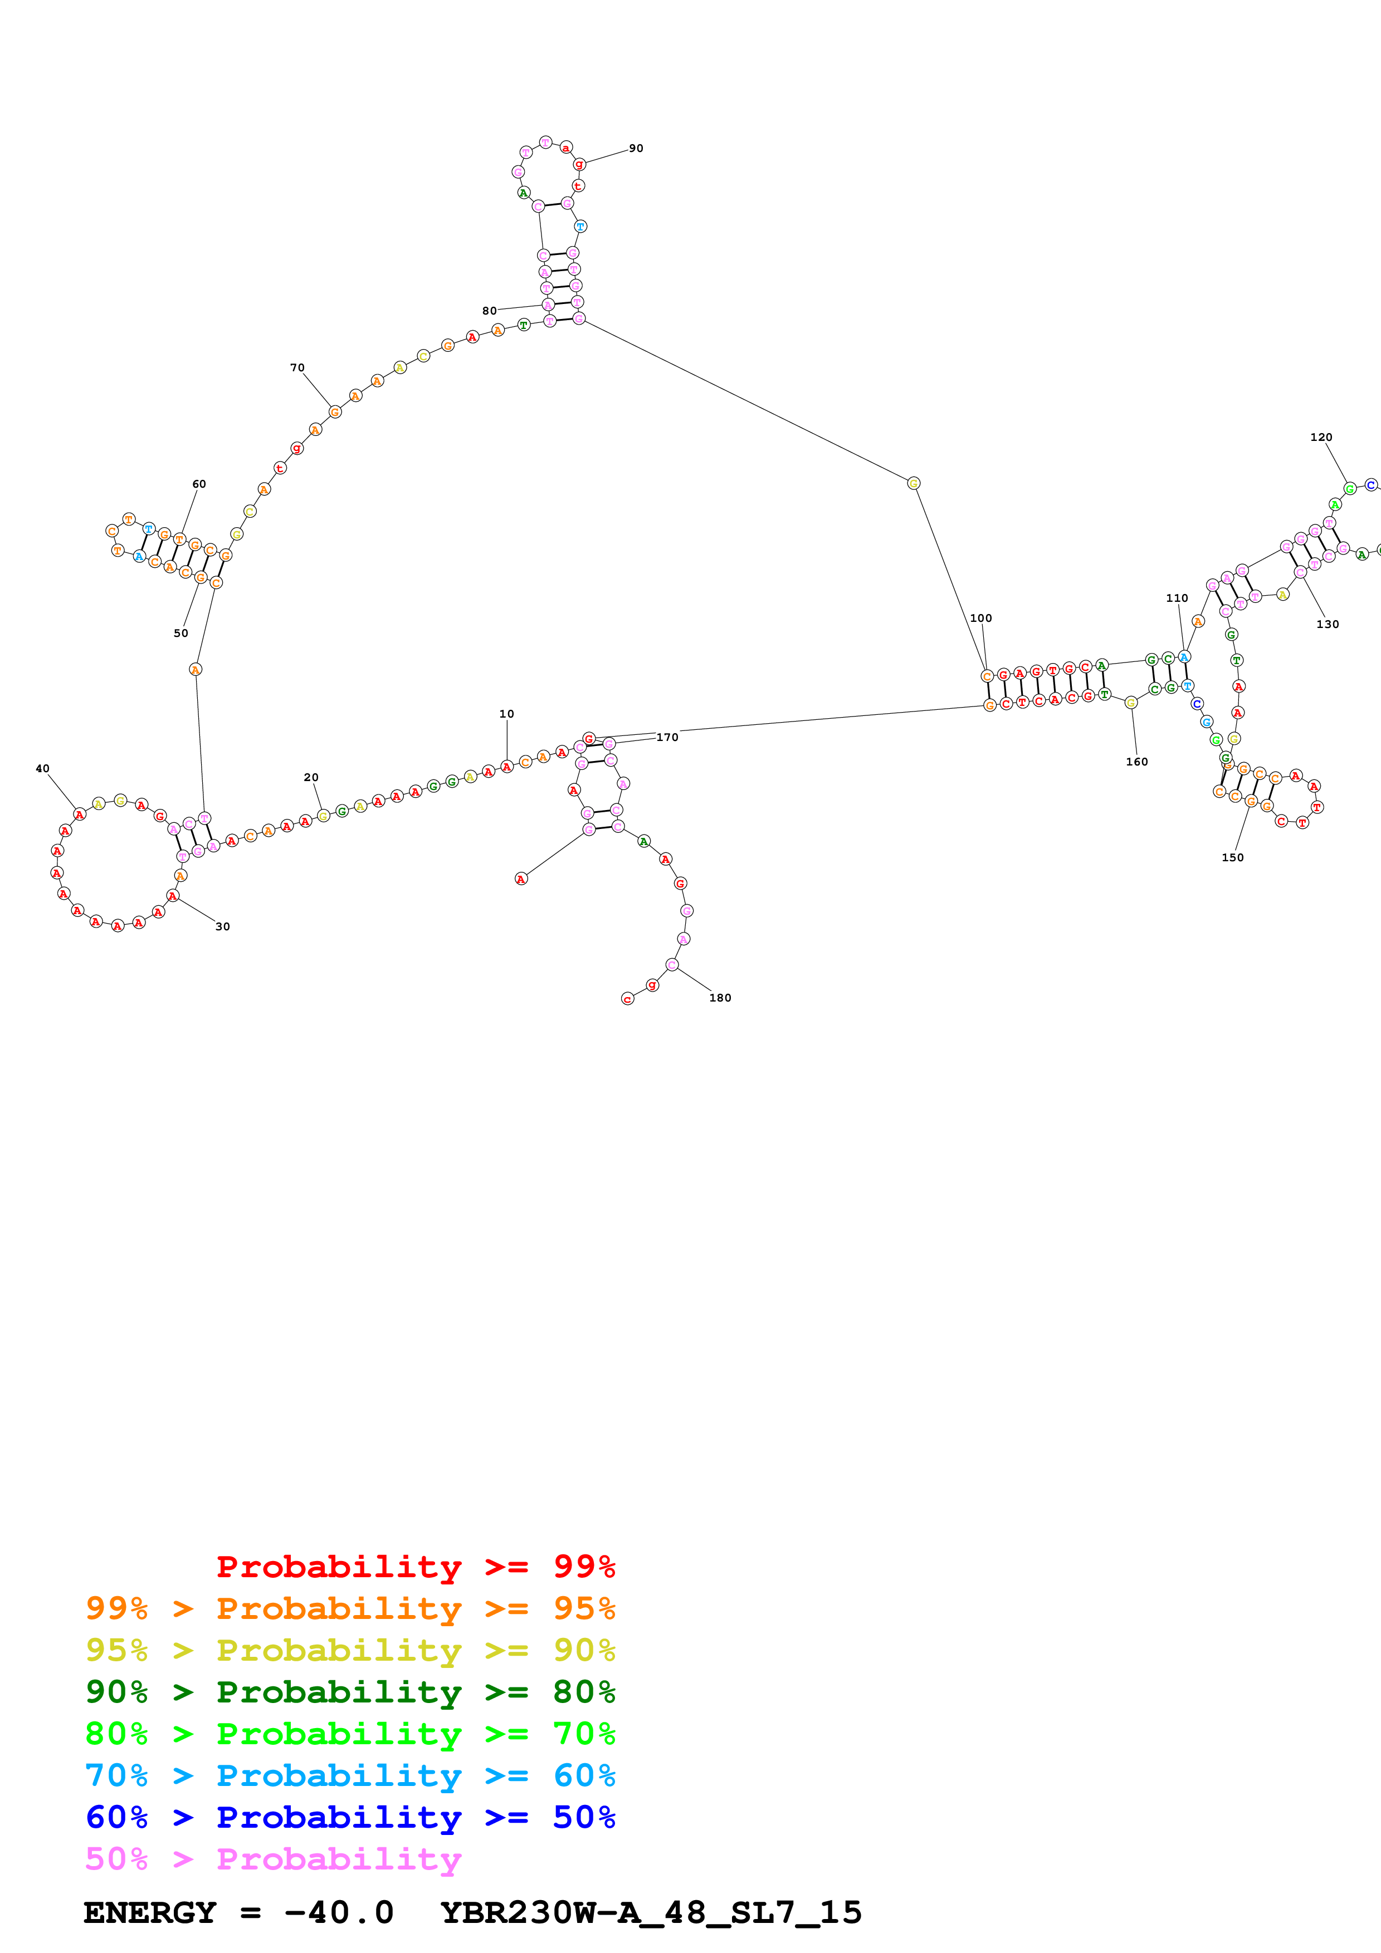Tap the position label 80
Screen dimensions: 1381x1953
coord(489,311)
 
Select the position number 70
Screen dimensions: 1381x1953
coord(297,367)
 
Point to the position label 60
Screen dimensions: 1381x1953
coord(199,484)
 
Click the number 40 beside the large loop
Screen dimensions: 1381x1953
coord(42,768)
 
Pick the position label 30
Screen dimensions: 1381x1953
coord(223,926)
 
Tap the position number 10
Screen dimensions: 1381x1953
coord(506,714)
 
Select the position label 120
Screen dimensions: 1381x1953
coord(1321,437)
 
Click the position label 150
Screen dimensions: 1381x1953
coord(1232,857)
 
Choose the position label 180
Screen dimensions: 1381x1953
coord(720,998)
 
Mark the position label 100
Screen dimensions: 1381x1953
coord(980,619)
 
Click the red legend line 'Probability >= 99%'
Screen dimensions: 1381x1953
coord(415,1567)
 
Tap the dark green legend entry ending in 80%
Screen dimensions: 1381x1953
coord(350,1692)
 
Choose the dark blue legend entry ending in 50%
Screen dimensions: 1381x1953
coord(350,1817)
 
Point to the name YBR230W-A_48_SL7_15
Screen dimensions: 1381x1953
coord(651,1913)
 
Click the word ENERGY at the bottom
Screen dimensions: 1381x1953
coord(150,1913)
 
